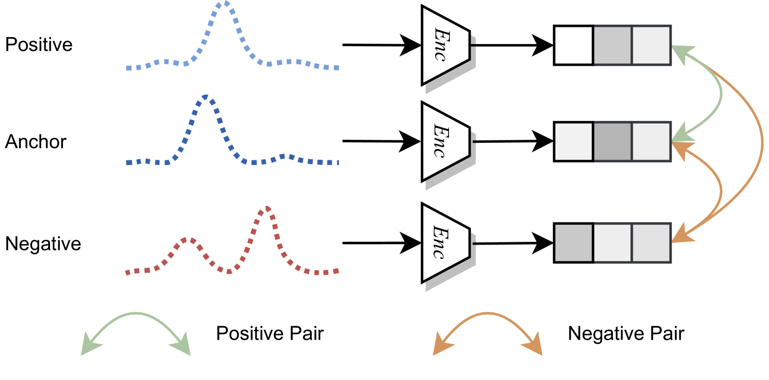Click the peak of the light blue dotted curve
pyautogui.click(x=225, y=4)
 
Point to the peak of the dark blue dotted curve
pyautogui.click(x=206, y=97)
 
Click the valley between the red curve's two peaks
pyautogui.click(x=228, y=271)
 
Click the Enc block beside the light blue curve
pyautogui.click(x=445, y=45)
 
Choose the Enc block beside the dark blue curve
pyautogui.click(x=445, y=141)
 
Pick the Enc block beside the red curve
pyautogui.click(x=445, y=243)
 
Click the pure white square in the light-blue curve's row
pyautogui.click(x=574, y=45)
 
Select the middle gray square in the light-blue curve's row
pyautogui.click(x=612, y=45)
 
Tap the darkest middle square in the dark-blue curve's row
pyautogui.click(x=612, y=141)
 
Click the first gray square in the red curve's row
pyautogui.click(x=574, y=243)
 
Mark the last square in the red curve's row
pyautogui.click(x=651, y=243)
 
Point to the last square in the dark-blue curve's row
pyautogui.click(x=651, y=141)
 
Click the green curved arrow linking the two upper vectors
pyautogui.click(x=721, y=93)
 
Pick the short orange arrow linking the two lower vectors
pyautogui.click(x=721, y=190)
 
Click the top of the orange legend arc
pyautogui.click(x=487, y=313)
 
